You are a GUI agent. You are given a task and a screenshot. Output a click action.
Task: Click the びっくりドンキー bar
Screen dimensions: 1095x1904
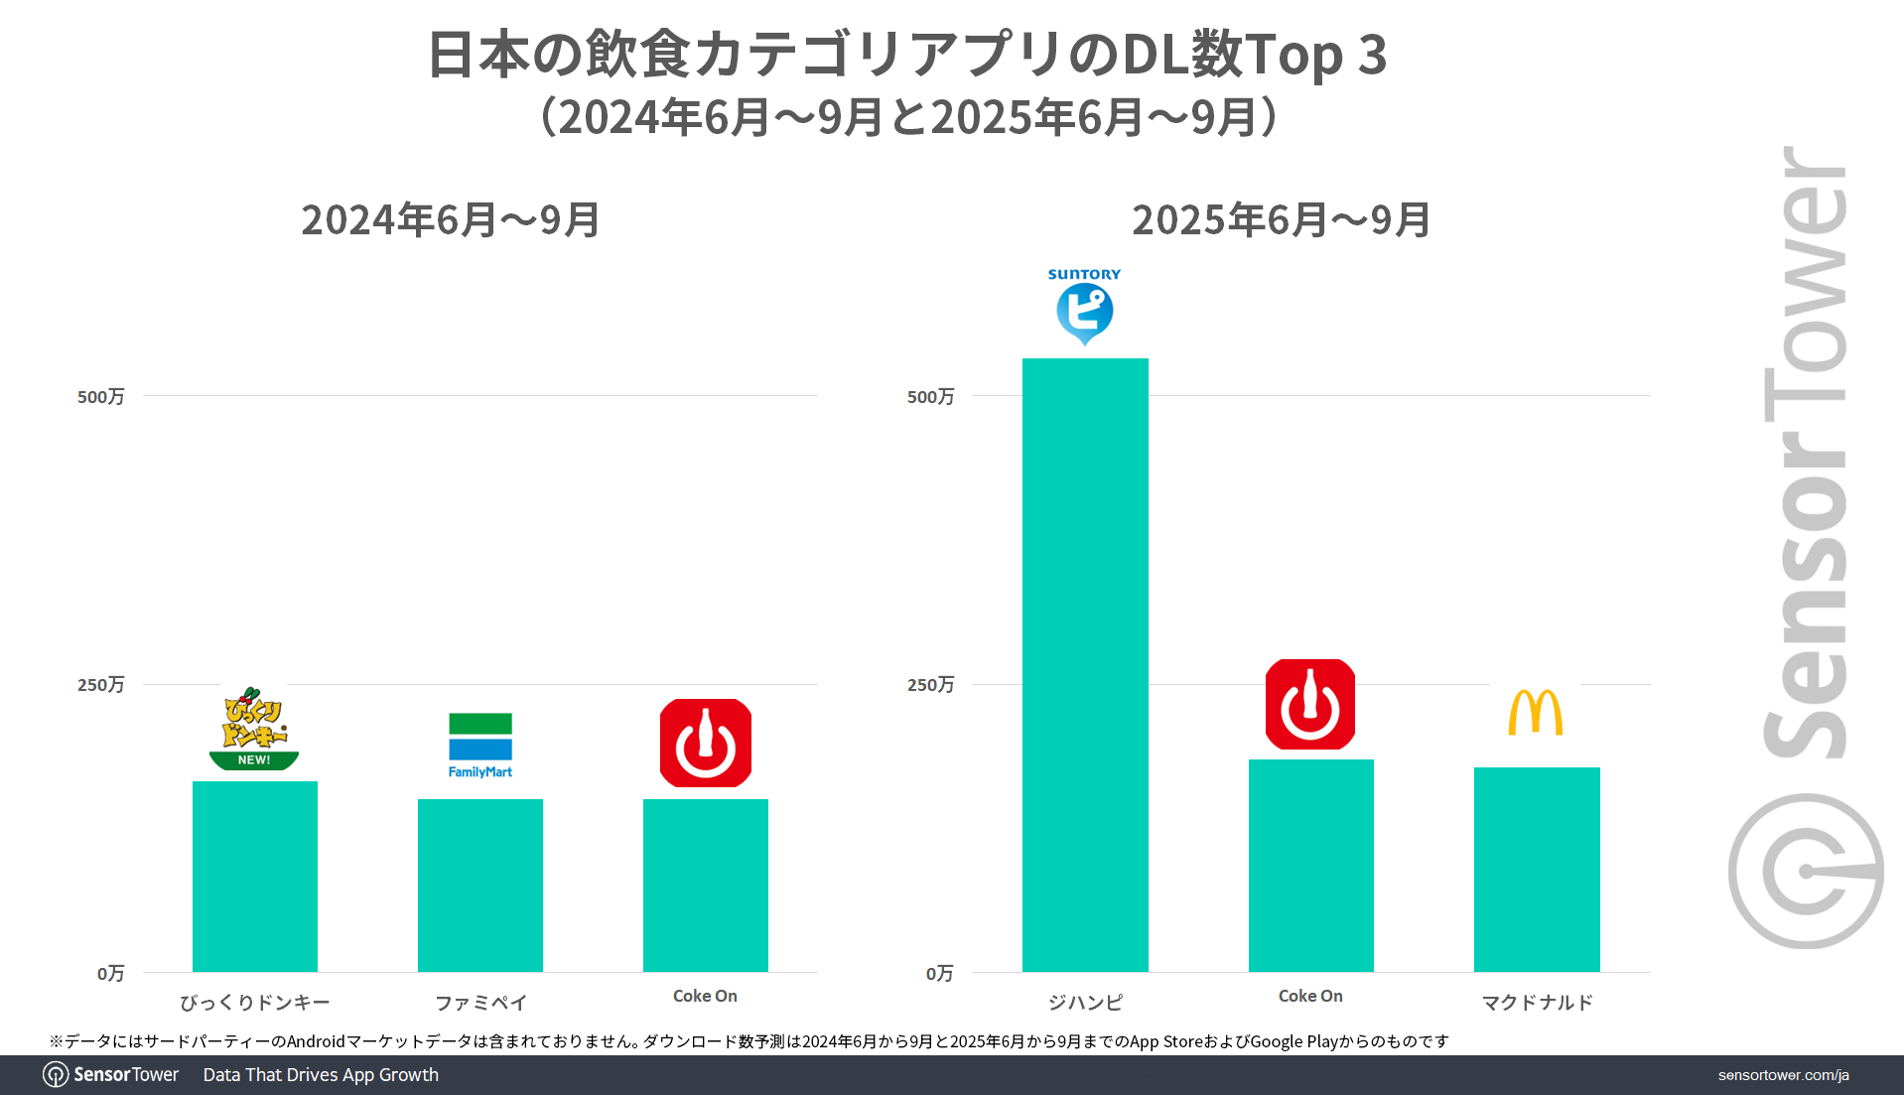(x=254, y=876)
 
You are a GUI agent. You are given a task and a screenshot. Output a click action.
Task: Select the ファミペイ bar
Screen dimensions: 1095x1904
(x=479, y=885)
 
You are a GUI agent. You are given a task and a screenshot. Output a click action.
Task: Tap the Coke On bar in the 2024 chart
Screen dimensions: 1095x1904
(x=705, y=885)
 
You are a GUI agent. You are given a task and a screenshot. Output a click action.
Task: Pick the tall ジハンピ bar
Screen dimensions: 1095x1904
(x=1085, y=664)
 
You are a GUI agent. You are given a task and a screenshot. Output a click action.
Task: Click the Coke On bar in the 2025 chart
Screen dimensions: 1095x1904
(x=1310, y=865)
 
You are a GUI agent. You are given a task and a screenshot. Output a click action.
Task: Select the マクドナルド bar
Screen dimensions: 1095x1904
(x=1536, y=869)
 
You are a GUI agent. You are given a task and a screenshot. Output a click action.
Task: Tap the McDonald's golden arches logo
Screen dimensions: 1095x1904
(x=1536, y=712)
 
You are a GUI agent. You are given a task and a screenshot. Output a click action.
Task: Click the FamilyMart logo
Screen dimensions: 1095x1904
(x=479, y=745)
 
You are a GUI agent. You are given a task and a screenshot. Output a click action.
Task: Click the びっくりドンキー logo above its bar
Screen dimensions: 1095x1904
(x=254, y=729)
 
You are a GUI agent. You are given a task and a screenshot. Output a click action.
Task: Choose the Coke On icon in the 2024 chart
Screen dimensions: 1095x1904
(x=705, y=743)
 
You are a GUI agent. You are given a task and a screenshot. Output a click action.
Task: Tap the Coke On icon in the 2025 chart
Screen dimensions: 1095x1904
(x=1310, y=704)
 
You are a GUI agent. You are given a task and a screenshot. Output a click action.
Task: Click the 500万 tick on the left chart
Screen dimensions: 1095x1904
(x=101, y=397)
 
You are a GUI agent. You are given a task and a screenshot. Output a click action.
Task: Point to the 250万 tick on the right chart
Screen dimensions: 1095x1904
(x=930, y=685)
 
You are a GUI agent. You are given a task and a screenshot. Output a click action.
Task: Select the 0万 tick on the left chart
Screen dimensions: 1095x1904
(x=110, y=974)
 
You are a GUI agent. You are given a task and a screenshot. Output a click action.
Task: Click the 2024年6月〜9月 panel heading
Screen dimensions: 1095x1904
(x=451, y=220)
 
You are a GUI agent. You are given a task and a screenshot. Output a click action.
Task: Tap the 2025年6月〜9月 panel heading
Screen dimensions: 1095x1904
(x=1281, y=220)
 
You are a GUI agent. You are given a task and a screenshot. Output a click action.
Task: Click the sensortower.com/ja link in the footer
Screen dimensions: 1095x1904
(x=1783, y=1075)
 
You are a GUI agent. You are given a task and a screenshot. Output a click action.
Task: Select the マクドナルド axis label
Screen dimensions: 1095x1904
(x=1537, y=1003)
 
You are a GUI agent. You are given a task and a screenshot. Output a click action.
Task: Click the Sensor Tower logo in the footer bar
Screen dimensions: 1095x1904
(x=111, y=1075)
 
